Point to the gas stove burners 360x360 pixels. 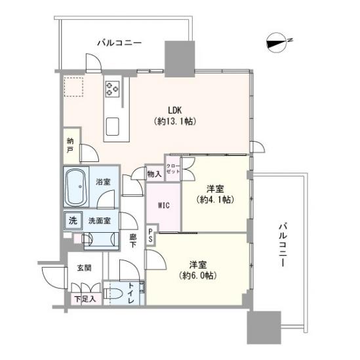tap(112, 87)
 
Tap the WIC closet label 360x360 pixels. tap(163, 205)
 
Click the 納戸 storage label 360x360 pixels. tap(70, 145)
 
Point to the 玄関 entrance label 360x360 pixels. tap(85, 268)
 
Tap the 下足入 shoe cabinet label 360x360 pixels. tap(85, 300)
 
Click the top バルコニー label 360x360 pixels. tap(119, 43)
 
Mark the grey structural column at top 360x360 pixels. tap(179, 58)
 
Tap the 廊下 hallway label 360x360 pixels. tap(132, 240)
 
